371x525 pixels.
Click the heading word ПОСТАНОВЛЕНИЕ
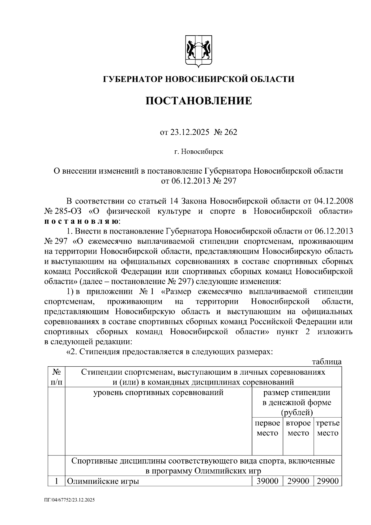pos(198,101)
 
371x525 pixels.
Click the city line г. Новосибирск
pos(198,152)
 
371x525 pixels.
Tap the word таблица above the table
pos(326,362)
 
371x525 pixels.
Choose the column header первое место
pos(267,428)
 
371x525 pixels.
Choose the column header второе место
pos(298,428)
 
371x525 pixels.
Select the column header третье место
pos(328,428)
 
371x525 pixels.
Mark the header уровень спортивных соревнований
pos(158,393)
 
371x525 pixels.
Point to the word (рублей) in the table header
pos(296,412)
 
